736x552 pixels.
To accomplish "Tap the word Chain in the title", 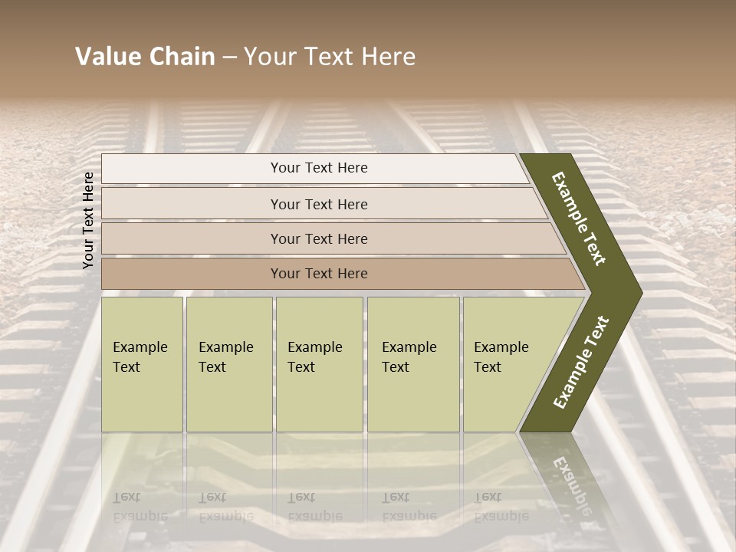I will point(182,57).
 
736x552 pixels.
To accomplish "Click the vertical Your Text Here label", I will point(88,220).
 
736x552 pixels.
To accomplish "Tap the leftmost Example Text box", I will point(142,364).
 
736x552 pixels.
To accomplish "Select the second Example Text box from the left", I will point(228,364).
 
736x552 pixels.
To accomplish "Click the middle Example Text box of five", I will point(319,364).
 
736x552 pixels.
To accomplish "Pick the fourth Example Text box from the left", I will point(413,364).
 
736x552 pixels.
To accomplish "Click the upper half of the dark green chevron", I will point(580,219).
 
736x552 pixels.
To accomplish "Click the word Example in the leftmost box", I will point(140,347).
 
